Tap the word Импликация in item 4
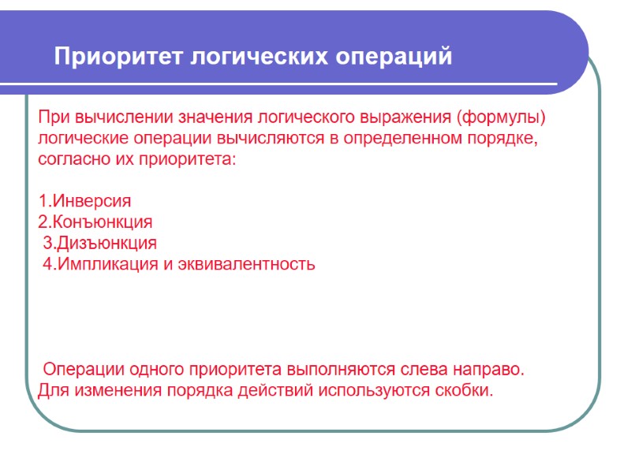coord(106,264)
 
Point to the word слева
coord(421,369)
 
